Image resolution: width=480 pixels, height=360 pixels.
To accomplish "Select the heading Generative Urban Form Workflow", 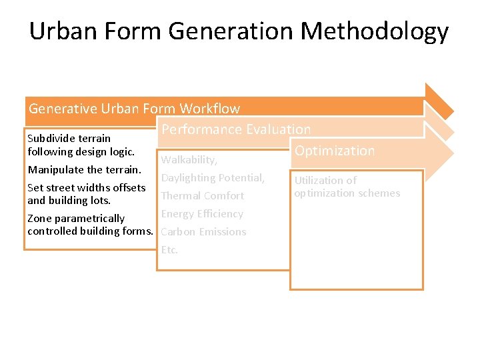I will [x=134, y=109].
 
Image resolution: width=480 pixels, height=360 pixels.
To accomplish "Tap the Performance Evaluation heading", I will [x=236, y=129].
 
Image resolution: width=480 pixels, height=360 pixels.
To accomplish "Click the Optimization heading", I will [x=335, y=151].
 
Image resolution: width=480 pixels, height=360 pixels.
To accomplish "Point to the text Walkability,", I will [x=189, y=160].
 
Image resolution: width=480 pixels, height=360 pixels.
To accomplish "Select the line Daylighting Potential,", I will [x=213, y=178].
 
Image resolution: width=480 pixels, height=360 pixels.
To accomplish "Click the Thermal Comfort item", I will [x=203, y=196].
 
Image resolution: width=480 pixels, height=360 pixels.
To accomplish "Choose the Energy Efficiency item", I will [x=202, y=214].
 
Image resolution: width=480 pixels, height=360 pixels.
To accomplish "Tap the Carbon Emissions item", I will [x=203, y=232].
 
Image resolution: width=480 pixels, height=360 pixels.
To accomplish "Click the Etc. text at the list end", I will [x=169, y=250].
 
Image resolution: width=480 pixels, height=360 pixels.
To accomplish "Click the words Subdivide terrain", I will [x=69, y=139].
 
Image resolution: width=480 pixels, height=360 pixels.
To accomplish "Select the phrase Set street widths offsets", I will [x=86, y=187].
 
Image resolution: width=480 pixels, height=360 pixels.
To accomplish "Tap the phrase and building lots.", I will [x=69, y=200].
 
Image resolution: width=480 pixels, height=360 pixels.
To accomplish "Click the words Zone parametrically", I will [x=75, y=219].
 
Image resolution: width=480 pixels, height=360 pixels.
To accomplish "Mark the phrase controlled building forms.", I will [x=91, y=231].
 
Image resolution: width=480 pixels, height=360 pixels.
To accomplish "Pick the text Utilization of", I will [x=325, y=181].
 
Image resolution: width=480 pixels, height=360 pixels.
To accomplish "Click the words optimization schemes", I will [x=347, y=193].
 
